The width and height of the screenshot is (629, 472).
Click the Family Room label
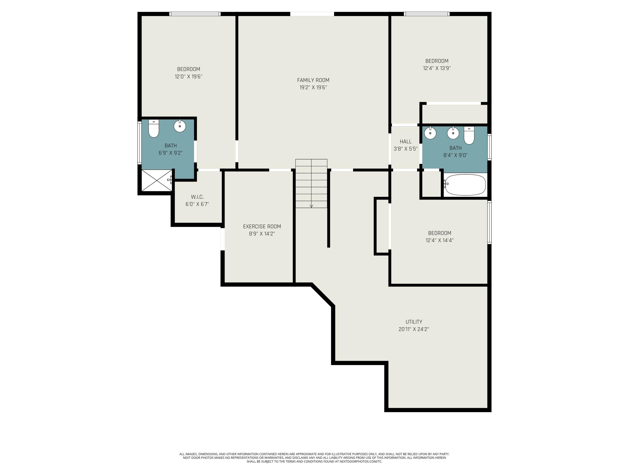tap(313, 80)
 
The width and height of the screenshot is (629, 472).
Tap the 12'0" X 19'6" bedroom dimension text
tap(188, 77)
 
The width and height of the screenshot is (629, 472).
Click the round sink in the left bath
tap(180, 126)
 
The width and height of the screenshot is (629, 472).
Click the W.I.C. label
tap(197, 197)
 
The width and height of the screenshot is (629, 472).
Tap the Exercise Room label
tap(262, 227)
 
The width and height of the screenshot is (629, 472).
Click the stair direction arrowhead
tap(311, 206)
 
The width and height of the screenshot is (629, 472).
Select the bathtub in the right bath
tap(465, 185)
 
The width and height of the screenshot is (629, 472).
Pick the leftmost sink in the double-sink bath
tap(430, 133)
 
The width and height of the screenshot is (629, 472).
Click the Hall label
tap(405, 141)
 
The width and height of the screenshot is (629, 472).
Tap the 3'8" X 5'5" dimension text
tap(405, 149)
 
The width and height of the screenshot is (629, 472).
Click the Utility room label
tap(414, 322)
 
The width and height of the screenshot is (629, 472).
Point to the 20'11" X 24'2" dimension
tap(414, 329)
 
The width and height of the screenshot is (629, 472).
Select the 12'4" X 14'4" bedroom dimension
tap(439, 240)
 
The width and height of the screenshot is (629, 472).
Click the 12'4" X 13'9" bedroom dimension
tap(437, 68)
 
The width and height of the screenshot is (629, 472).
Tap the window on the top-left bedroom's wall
tap(195, 14)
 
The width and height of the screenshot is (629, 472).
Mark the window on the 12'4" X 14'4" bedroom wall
tap(489, 223)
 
